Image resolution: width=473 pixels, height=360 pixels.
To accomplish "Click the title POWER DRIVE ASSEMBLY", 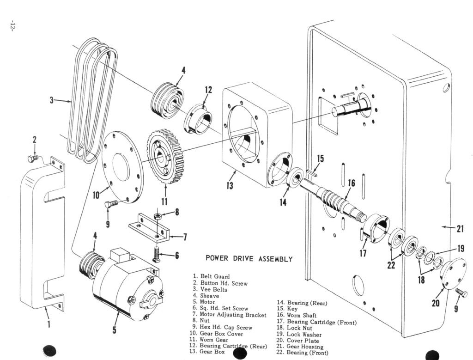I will pyautogui.click(x=249, y=259).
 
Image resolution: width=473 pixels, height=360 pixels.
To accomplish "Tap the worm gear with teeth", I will pyautogui.click(x=165, y=157).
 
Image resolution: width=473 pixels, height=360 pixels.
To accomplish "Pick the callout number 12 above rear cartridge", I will pyautogui.click(x=208, y=90).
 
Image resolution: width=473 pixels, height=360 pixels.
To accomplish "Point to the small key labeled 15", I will pyautogui.click(x=311, y=173).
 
